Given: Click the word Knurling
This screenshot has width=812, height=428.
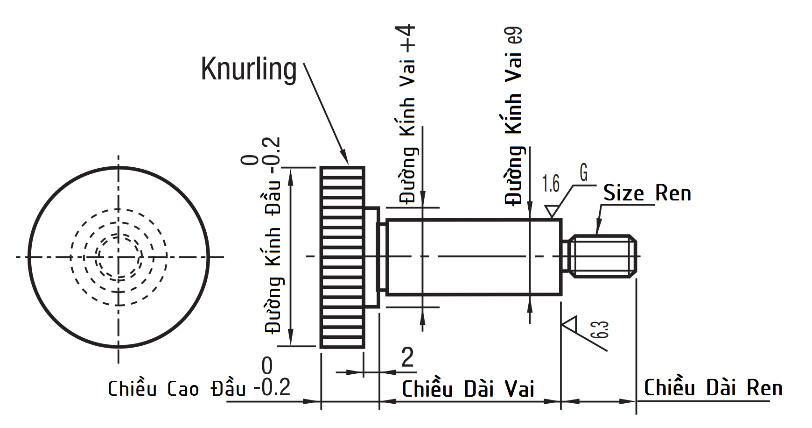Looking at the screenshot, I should pyautogui.click(x=248, y=70).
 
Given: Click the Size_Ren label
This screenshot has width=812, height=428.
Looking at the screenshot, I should pyautogui.click(x=647, y=193).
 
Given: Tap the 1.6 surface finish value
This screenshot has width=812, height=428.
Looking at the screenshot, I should pyautogui.click(x=551, y=184).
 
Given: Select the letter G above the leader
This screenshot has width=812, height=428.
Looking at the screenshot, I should pyautogui.click(x=583, y=172).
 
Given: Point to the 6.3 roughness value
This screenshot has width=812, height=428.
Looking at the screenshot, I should pyautogui.click(x=602, y=329).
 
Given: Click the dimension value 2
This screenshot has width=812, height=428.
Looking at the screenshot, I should pyautogui.click(x=407, y=357).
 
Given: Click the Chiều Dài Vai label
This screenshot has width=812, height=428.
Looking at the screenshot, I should pyautogui.click(x=468, y=389).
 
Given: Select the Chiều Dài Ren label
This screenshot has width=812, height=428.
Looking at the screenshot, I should pyautogui.click(x=713, y=388).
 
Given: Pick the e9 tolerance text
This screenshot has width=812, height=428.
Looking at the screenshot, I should pyautogui.click(x=516, y=36).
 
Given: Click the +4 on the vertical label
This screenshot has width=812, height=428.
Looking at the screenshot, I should pyautogui.click(x=407, y=38).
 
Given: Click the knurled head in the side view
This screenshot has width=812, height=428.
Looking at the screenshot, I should pyautogui.click(x=342, y=257).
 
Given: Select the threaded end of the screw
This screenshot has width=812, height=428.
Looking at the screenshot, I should pyautogui.click(x=603, y=257).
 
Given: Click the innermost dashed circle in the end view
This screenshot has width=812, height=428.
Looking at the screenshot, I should pyautogui.click(x=119, y=257).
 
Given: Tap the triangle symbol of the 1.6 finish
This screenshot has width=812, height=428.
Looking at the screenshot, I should pyautogui.click(x=552, y=211).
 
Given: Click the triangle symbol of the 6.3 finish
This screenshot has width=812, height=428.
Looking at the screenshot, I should pyautogui.click(x=571, y=323).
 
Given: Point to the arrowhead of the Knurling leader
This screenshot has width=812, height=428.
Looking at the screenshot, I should pyautogui.click(x=346, y=159).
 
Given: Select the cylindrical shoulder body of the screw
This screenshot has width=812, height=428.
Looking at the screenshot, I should pyautogui.click(x=474, y=257).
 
